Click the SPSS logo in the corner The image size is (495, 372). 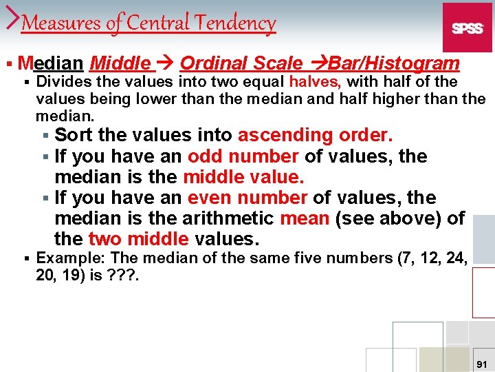click(467, 28)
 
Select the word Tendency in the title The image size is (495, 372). click(236, 23)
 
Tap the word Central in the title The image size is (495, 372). click(158, 23)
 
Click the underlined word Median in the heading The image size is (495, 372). click(52, 64)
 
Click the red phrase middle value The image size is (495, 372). click(243, 177)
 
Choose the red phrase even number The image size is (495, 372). click(247, 198)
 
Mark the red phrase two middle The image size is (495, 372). click(138, 239)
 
